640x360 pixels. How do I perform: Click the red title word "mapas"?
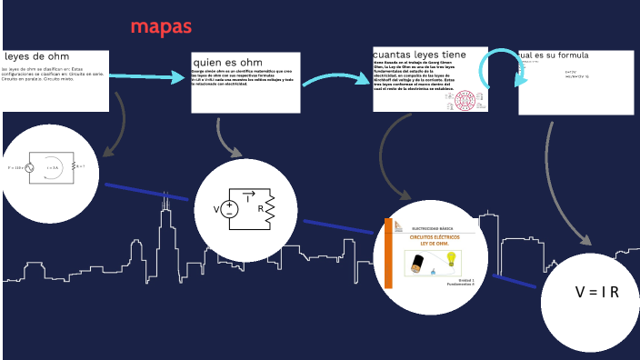(x=161, y=26)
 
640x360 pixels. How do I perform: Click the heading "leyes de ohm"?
(x=37, y=56)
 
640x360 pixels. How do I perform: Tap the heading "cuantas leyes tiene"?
(x=419, y=55)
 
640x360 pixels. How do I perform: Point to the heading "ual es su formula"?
(x=554, y=55)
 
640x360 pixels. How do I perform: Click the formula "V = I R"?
(x=596, y=293)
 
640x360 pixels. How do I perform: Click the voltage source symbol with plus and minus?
(x=229, y=208)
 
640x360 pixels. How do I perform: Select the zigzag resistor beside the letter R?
(x=270, y=208)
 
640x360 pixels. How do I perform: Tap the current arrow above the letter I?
(x=248, y=193)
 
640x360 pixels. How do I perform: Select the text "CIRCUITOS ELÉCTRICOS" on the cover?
(x=435, y=236)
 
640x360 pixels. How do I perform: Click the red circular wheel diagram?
(x=465, y=99)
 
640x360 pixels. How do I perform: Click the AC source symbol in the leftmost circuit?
(x=29, y=167)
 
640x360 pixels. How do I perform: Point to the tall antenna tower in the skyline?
(x=165, y=218)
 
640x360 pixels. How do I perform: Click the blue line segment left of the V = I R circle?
(x=515, y=280)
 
